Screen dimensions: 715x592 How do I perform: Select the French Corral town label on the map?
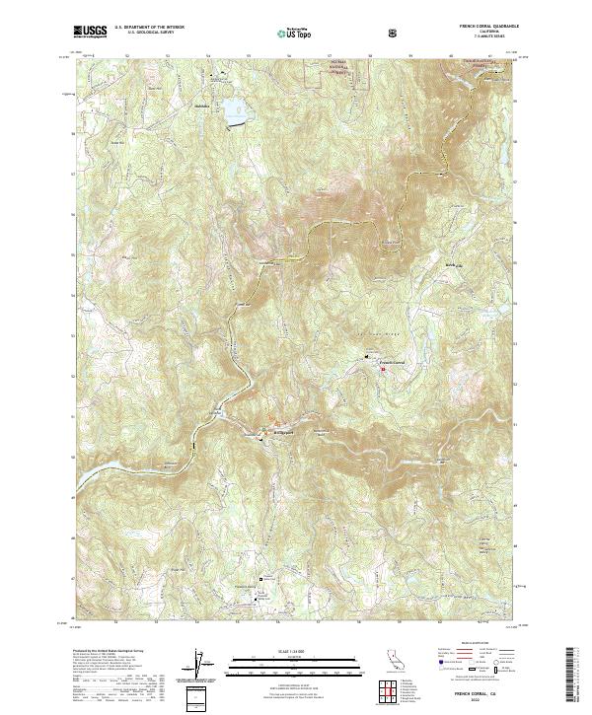[394, 363]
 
